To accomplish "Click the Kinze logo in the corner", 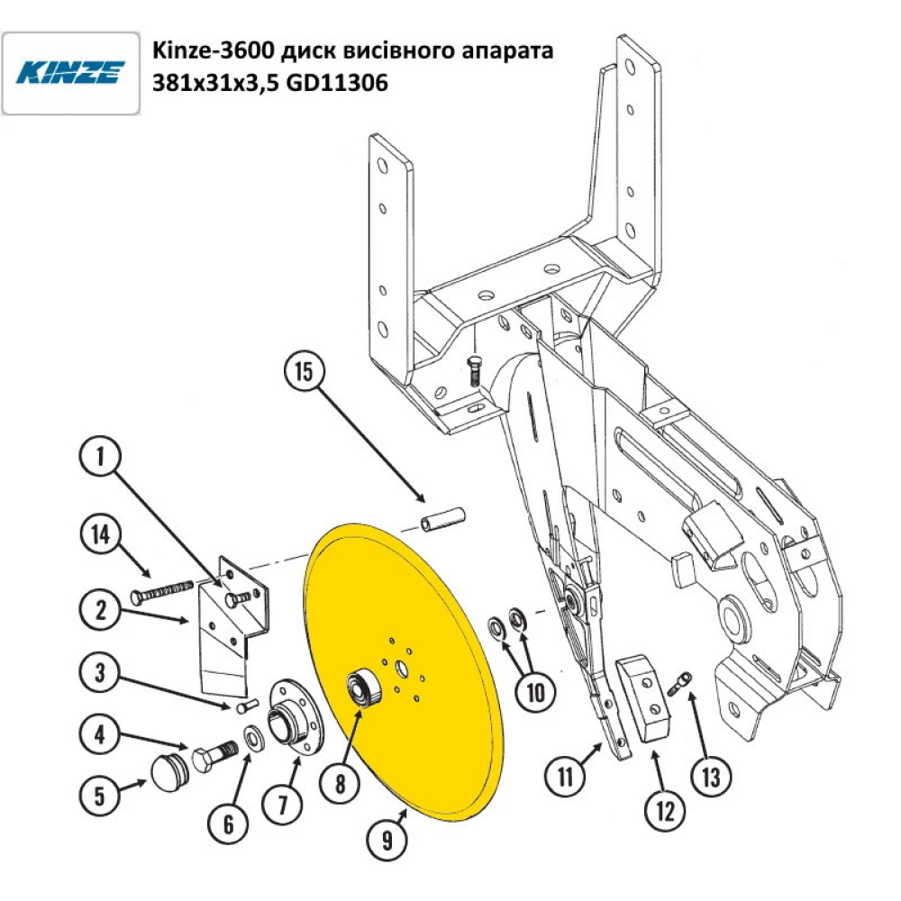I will tap(70, 73).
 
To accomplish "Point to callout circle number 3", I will tap(100, 673).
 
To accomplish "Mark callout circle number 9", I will tap(387, 842).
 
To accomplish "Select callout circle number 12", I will tap(665, 812).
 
